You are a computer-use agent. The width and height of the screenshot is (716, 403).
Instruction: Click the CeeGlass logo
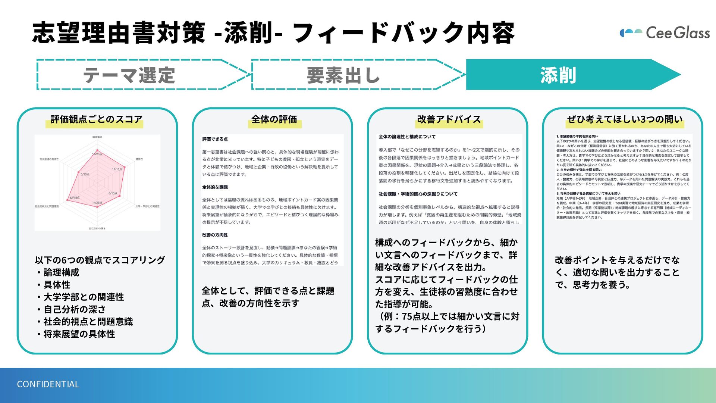(x=665, y=33)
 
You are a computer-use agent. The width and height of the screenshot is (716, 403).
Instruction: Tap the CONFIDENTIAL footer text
(x=48, y=384)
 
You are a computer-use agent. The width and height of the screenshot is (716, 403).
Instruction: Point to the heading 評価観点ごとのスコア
(x=97, y=119)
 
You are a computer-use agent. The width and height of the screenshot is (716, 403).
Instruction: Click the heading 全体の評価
(x=274, y=119)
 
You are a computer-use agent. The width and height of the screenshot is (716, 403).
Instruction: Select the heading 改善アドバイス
(x=449, y=119)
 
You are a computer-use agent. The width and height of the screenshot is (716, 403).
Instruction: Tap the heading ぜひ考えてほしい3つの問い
(x=625, y=119)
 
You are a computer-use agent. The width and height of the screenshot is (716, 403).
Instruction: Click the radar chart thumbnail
(x=97, y=182)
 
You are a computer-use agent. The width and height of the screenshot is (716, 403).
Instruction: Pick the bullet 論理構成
(x=61, y=272)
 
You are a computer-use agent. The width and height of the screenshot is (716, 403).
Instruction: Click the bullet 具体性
(x=57, y=285)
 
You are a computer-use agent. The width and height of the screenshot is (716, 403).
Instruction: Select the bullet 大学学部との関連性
(x=84, y=297)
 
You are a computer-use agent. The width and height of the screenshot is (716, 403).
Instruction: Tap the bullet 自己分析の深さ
(x=75, y=309)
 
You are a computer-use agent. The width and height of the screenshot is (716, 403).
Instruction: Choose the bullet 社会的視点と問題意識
(x=88, y=322)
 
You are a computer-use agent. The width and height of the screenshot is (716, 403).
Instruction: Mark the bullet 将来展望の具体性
(x=79, y=334)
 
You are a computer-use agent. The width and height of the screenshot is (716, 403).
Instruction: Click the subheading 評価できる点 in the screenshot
(x=215, y=139)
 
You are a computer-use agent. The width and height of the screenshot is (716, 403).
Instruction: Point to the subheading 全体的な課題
(x=215, y=187)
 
